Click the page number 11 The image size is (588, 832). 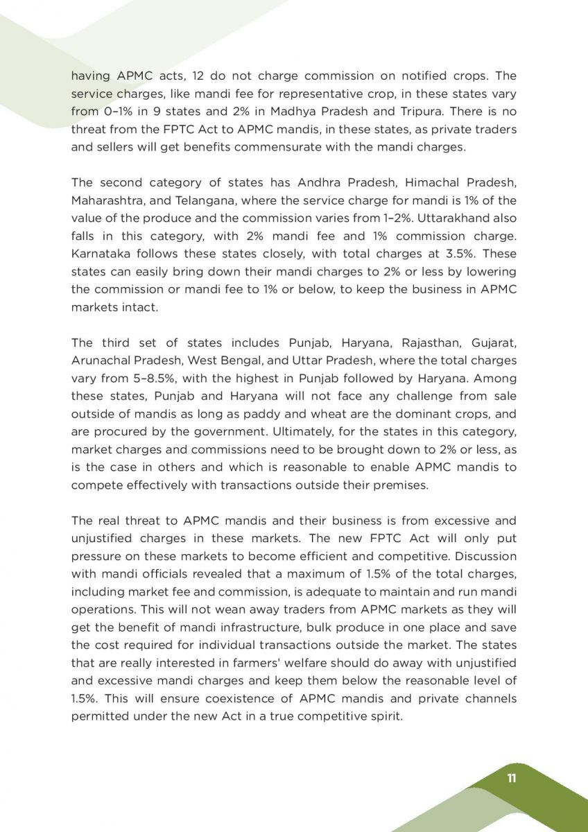[512, 778]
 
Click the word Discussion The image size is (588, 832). [483, 556]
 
